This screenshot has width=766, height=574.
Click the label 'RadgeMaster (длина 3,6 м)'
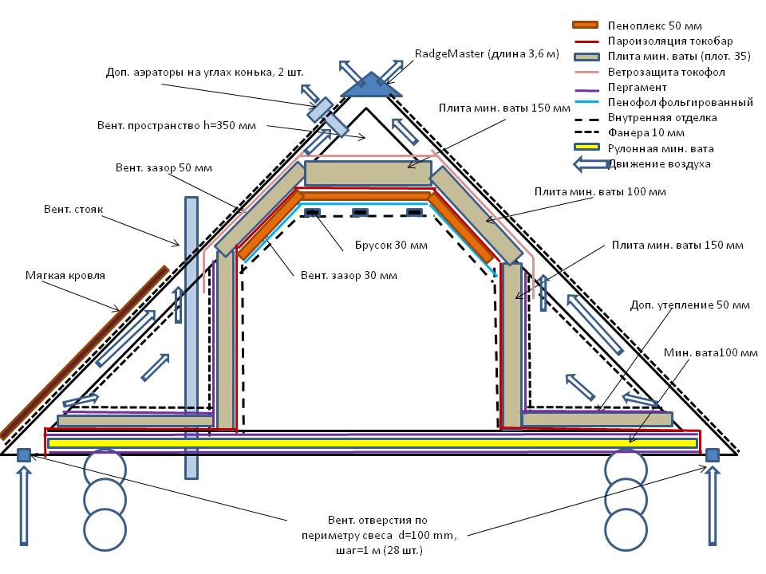pyautogui.click(x=486, y=54)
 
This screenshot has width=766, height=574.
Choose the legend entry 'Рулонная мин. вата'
pyautogui.click(x=657, y=147)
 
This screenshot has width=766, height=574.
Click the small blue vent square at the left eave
pyautogui.click(x=24, y=454)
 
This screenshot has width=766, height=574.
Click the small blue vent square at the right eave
pyautogui.click(x=713, y=454)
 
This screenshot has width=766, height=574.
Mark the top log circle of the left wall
pyautogui.click(x=105, y=466)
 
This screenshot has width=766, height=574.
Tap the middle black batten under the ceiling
pyautogui.click(x=361, y=212)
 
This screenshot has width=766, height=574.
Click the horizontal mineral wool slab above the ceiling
pyautogui.click(x=368, y=173)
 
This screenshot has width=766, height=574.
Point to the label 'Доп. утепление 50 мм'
pyautogui.click(x=689, y=305)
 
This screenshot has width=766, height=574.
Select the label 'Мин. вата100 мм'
pyautogui.click(x=710, y=352)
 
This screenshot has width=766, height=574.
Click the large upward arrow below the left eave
pyautogui.click(x=24, y=506)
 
